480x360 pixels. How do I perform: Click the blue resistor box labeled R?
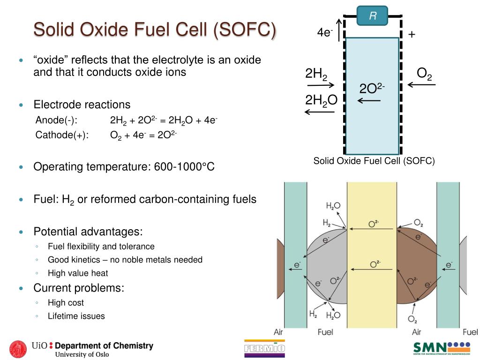(372, 16)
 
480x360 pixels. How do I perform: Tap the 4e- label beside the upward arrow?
(324, 32)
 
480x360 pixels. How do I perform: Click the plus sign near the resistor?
(412, 35)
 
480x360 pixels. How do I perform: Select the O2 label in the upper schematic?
(424, 74)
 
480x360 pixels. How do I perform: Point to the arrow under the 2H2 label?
(321, 85)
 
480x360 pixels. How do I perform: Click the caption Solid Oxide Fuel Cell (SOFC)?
(374, 161)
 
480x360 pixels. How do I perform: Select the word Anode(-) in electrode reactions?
(57, 120)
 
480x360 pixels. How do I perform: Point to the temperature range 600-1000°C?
(184, 167)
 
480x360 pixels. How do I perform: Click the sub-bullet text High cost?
(66, 303)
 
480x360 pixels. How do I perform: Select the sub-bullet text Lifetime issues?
(76, 316)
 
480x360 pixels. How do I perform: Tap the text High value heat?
(78, 273)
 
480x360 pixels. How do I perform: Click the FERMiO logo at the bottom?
(264, 348)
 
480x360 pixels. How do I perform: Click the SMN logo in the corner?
(441, 348)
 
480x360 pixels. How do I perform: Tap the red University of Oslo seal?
(18, 349)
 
